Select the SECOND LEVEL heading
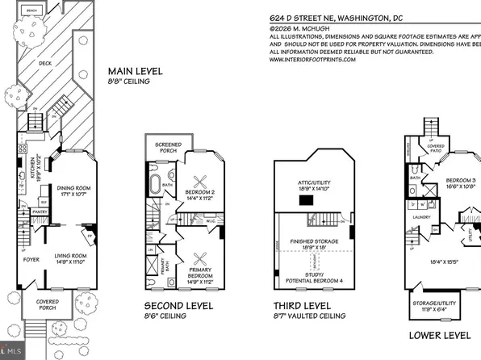(x=178, y=307)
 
